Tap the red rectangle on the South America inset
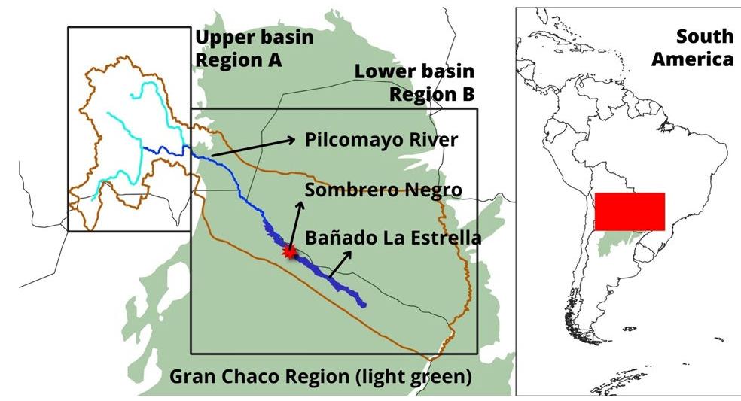630,211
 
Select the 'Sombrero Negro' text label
383,190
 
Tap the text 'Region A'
238,60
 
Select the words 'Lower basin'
415,71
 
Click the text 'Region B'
431,94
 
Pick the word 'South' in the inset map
704,36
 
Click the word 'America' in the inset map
692,59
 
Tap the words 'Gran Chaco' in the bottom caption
212,376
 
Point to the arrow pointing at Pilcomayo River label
252,147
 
